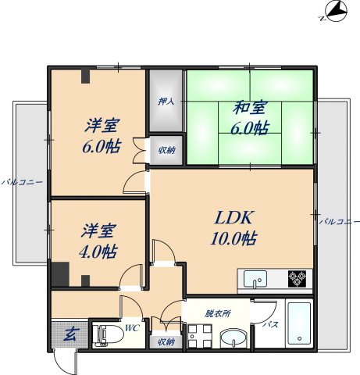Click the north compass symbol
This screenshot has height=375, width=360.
tap(336, 12)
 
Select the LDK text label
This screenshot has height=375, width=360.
tap(233, 217)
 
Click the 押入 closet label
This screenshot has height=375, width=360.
tap(166, 102)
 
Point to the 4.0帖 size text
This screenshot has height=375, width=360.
tap(98, 252)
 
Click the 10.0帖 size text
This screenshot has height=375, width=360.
tap(233, 238)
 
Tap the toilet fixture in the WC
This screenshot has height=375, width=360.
tap(109, 336)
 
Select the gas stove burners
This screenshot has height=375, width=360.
tap(297, 279)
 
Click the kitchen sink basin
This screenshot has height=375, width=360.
tap(255, 279)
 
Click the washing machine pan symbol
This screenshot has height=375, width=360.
tap(200, 336)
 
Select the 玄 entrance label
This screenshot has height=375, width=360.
tap(70, 334)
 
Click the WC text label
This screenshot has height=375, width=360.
tap(132, 328)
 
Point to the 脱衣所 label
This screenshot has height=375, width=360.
tap(218, 313)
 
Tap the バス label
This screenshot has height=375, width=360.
tap(270, 324)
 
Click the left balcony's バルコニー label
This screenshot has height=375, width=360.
tap(22, 182)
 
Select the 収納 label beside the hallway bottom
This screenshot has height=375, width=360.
tap(166, 341)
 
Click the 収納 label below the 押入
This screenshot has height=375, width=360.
tap(167, 150)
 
